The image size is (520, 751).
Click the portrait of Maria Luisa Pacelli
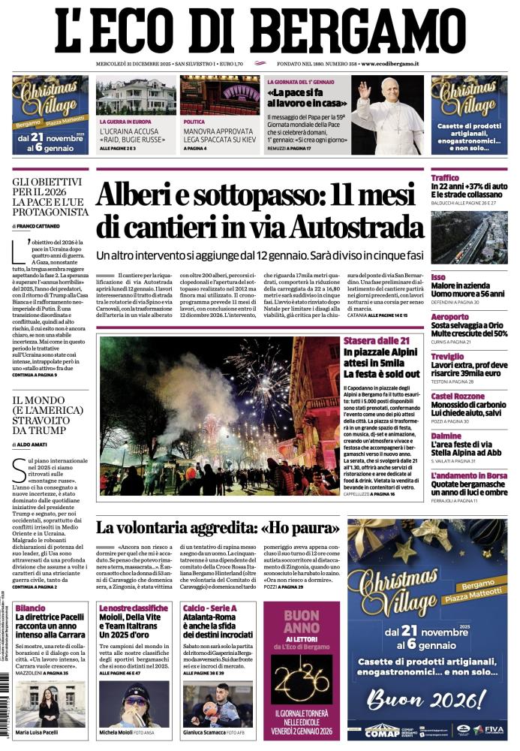pos(48,704)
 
